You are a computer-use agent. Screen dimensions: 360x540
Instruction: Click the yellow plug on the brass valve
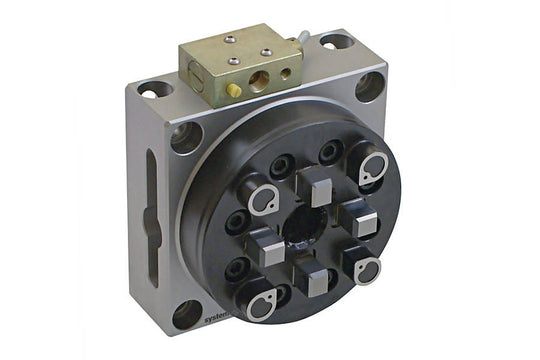tap(234, 90)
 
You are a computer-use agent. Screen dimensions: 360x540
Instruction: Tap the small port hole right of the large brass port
tap(286, 72)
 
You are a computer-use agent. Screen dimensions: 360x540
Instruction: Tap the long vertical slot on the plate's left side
tap(151, 204)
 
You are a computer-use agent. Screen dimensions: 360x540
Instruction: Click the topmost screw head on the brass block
tap(230, 39)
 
